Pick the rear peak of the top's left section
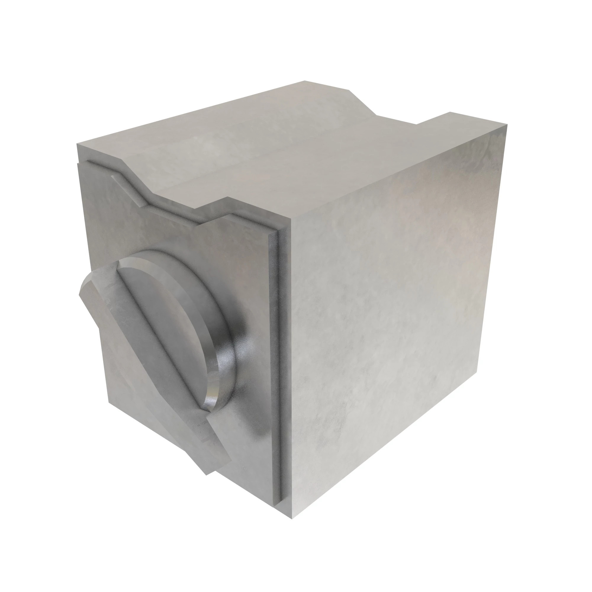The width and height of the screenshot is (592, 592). coord(305,81)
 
